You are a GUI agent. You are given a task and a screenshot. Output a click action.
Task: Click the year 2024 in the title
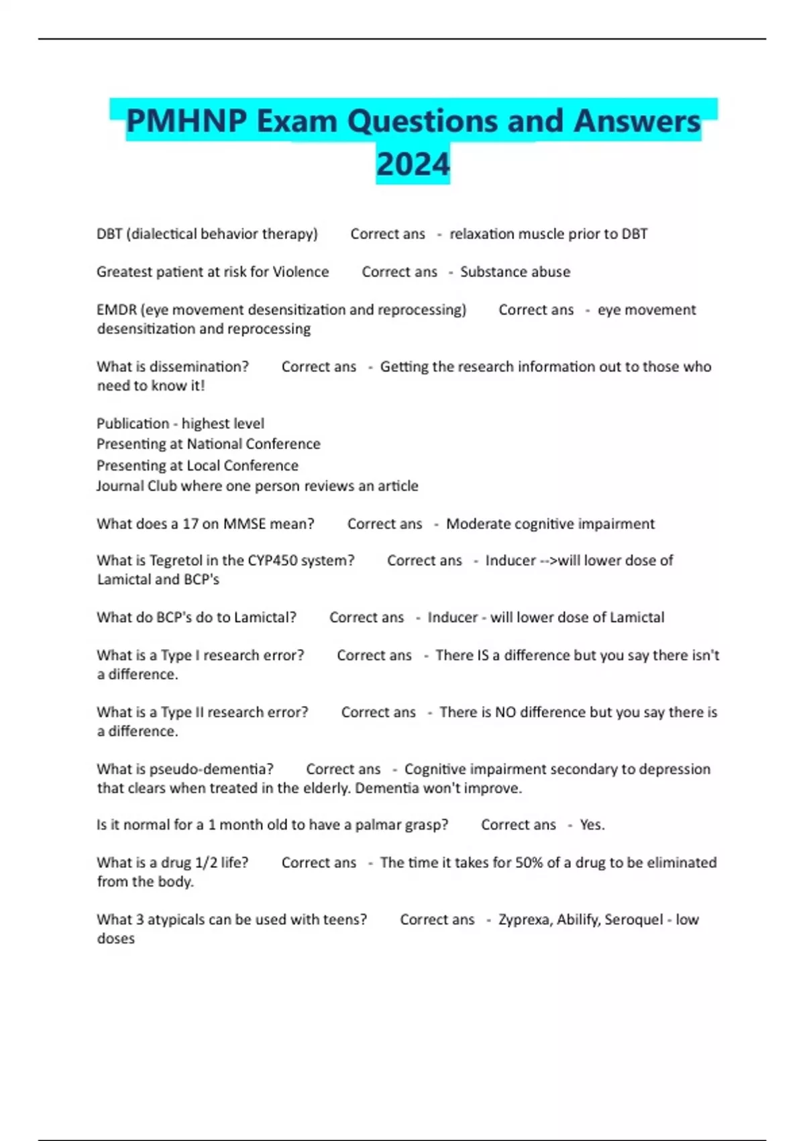413,164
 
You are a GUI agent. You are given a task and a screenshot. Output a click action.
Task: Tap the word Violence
301,272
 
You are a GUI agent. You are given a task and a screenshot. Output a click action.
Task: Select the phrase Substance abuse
515,272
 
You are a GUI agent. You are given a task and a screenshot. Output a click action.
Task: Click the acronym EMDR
117,310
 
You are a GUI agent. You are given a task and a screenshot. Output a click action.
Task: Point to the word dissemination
199,366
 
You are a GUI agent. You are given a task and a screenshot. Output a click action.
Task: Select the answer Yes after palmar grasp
592,825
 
